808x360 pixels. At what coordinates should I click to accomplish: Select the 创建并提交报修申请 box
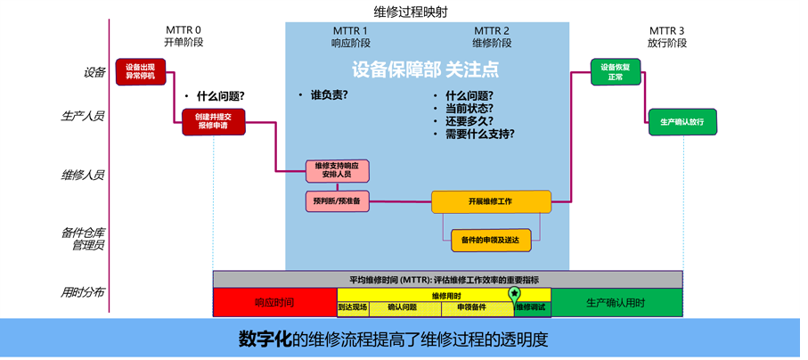[214, 122]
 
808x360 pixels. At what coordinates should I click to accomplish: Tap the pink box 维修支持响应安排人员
[338, 171]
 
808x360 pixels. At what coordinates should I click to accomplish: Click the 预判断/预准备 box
[338, 201]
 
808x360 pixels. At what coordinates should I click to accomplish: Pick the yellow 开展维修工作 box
[491, 201]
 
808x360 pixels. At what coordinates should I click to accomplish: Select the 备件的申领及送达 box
[491, 241]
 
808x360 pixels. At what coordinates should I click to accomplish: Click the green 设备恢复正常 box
[616, 71]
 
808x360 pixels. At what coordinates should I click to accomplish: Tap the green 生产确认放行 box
[682, 122]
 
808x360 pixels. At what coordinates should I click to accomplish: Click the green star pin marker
[514, 294]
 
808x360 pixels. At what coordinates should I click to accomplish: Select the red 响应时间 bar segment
[274, 303]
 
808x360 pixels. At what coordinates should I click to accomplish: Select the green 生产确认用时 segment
[616, 303]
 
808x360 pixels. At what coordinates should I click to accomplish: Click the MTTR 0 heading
[183, 30]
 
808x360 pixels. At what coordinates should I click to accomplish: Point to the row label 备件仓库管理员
[83, 239]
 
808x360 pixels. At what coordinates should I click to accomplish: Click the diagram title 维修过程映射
[411, 12]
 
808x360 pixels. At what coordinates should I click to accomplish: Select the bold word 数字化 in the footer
[265, 339]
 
